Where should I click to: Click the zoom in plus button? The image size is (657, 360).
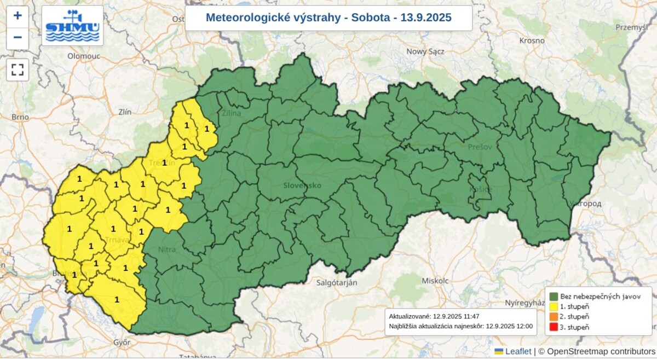(18, 16)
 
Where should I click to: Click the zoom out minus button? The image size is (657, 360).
(18, 38)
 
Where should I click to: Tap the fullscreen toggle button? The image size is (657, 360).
(18, 69)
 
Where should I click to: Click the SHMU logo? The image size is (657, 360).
(72, 26)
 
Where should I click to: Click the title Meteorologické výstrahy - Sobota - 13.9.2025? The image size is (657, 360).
(328, 18)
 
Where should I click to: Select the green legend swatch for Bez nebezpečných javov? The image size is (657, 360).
(554, 297)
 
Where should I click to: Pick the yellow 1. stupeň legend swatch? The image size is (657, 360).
(554, 306)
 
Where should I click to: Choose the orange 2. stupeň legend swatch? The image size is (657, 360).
(554, 317)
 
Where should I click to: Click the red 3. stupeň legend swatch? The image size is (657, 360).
(554, 327)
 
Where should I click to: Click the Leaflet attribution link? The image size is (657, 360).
(517, 351)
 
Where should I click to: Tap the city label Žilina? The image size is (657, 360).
(232, 113)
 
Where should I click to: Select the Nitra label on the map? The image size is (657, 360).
(167, 249)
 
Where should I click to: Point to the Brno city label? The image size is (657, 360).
(20, 117)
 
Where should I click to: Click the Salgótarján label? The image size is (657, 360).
(337, 283)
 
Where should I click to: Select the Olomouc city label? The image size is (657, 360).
(85, 56)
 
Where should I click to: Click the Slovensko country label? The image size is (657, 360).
(302, 185)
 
